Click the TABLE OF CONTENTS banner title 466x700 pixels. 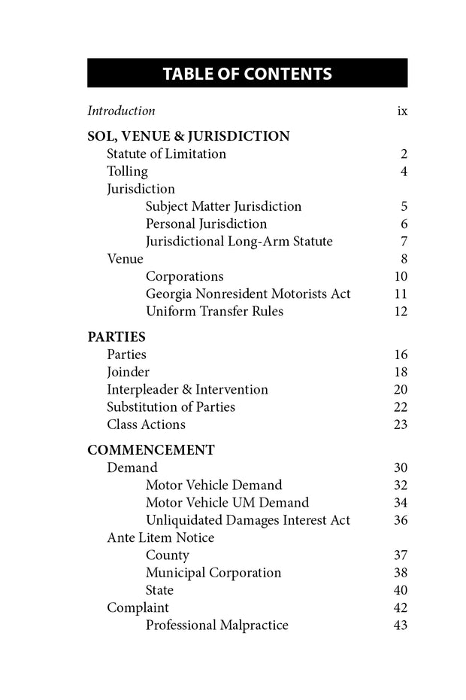pyautogui.click(x=247, y=74)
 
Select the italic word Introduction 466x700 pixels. pyautogui.click(x=121, y=111)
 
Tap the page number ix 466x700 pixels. pyautogui.click(x=402, y=111)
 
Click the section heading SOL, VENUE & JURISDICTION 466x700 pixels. pyautogui.click(x=189, y=136)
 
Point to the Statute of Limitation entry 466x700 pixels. pyautogui.click(x=166, y=154)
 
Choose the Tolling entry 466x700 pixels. pyautogui.click(x=127, y=172)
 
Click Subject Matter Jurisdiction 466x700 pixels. pyautogui.click(x=223, y=206)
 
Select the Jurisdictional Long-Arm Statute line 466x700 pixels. pyautogui.click(x=239, y=242)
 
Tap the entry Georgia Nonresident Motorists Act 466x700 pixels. pyautogui.click(x=248, y=294)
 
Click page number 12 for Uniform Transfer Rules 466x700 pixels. pyautogui.click(x=401, y=312)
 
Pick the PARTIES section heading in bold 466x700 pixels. pyautogui.click(x=116, y=337)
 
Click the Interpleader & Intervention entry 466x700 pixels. pyautogui.click(x=187, y=390)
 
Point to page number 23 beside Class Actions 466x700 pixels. pyautogui.click(x=401, y=425)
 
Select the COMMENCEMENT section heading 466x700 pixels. pyautogui.click(x=151, y=450)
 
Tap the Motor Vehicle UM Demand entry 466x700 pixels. pyautogui.click(x=227, y=503)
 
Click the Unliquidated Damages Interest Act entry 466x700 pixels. pyautogui.click(x=248, y=520)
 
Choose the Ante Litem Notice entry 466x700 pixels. pyautogui.click(x=160, y=537)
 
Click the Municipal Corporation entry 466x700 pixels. pyautogui.click(x=213, y=573)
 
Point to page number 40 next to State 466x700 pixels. pyautogui.click(x=401, y=590)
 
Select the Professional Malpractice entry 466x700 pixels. pyautogui.click(x=217, y=625)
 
